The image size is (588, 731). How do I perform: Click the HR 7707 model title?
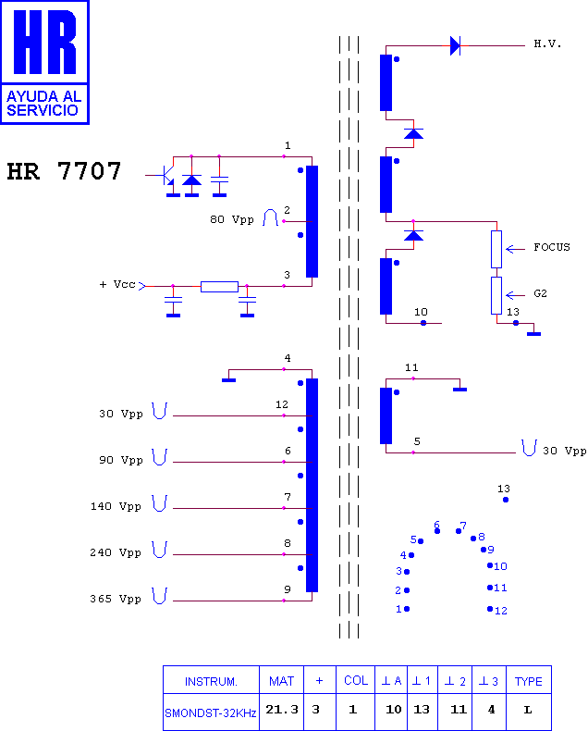click(64, 171)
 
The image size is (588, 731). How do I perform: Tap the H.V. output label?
click(547, 44)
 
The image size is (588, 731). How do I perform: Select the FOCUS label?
click(552, 247)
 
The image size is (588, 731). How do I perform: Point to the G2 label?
click(540, 293)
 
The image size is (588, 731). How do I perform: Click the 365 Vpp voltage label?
click(116, 599)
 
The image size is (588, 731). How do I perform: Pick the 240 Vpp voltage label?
click(116, 552)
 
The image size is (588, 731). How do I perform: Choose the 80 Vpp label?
click(232, 219)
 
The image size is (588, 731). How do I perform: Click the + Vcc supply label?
click(117, 284)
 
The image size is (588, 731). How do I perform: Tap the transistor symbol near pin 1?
click(166, 176)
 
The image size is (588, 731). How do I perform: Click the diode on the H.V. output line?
click(455, 45)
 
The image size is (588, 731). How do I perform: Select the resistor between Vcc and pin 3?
click(219, 286)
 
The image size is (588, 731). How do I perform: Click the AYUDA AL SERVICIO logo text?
click(43, 103)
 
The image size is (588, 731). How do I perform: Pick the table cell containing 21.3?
click(281, 711)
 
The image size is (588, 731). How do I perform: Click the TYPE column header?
click(528, 681)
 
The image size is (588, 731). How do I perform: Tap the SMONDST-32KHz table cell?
click(211, 712)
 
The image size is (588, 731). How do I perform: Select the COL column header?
click(356, 680)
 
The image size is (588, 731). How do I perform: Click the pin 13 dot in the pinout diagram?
click(506, 500)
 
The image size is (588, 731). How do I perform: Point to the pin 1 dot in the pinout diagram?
click(407, 609)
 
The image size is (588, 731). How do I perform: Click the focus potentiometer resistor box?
click(496, 250)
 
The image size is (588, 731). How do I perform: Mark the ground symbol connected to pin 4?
click(228, 380)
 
